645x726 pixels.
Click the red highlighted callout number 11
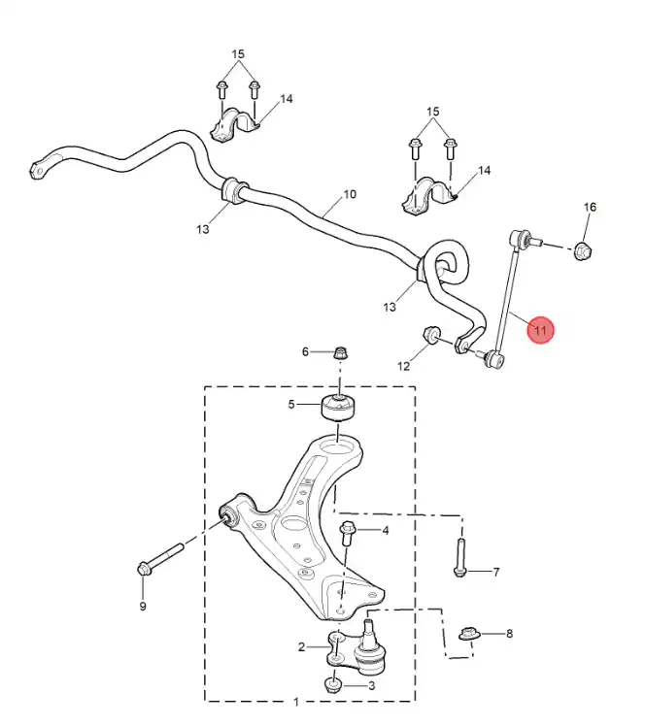[x=540, y=331]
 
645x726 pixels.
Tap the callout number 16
[x=590, y=207]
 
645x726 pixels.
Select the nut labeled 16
[x=583, y=250]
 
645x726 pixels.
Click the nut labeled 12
[x=432, y=335]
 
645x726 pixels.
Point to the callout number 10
[x=350, y=194]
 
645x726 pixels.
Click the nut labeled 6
[x=341, y=353]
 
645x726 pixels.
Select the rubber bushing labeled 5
[x=339, y=407]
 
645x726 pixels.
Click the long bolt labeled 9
[x=161, y=560]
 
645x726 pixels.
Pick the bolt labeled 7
[x=459, y=557]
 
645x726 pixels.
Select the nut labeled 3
[x=333, y=685]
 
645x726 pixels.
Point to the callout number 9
[x=143, y=606]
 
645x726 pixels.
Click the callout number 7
[x=495, y=572]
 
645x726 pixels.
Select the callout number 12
[x=403, y=366]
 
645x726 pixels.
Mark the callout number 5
[x=291, y=404]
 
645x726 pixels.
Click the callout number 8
[x=509, y=634]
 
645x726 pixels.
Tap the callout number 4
[x=385, y=530]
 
